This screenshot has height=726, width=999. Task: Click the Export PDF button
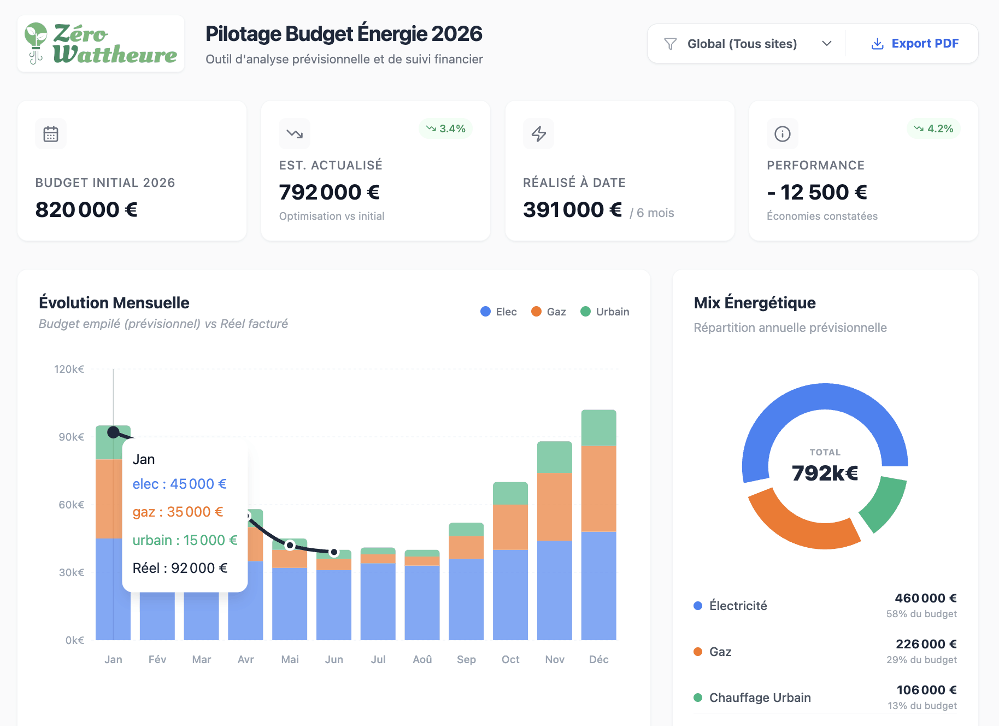coord(915,44)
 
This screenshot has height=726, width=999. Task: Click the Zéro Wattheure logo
coord(101,44)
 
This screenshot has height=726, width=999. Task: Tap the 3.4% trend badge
coord(446,128)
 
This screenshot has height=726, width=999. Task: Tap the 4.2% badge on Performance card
coord(933,128)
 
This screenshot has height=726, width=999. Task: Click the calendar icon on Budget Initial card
coord(51,134)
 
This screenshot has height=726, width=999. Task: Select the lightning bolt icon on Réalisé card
coord(539,134)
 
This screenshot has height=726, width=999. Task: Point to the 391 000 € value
coord(572,210)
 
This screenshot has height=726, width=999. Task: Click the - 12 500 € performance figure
coord(816,192)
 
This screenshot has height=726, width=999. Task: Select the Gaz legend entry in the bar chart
coord(549,312)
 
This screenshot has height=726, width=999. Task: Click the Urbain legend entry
coord(605,312)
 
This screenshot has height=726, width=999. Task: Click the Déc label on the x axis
coord(599,659)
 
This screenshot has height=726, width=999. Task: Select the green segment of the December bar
coord(599,428)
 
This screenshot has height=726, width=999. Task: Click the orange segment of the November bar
coord(555,507)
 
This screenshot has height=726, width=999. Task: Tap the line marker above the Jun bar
coord(334,552)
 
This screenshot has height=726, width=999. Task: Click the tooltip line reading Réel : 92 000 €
coord(180,568)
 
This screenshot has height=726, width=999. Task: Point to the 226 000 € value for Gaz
coord(926,644)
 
